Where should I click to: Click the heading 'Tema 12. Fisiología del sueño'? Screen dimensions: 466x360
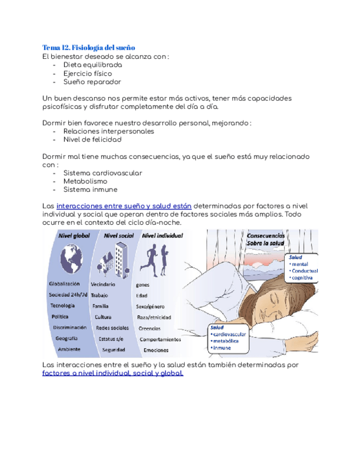click(88, 47)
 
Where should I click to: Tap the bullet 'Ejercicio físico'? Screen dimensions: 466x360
click(87, 73)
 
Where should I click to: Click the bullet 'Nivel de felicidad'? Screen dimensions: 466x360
click(92, 140)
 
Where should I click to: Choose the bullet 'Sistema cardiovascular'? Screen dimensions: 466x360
click(103, 173)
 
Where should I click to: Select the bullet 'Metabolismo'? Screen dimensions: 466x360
click(85, 181)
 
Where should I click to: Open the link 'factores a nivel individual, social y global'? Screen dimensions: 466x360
click(113, 373)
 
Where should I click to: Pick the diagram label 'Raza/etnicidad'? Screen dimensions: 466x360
click(154, 318)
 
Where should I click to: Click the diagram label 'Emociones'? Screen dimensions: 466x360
click(155, 350)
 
